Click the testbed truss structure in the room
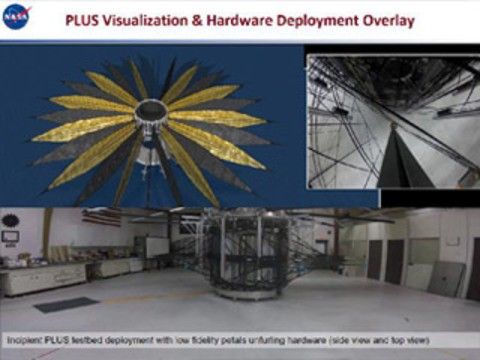coord(236,256)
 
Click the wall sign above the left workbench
coord(11,238)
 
